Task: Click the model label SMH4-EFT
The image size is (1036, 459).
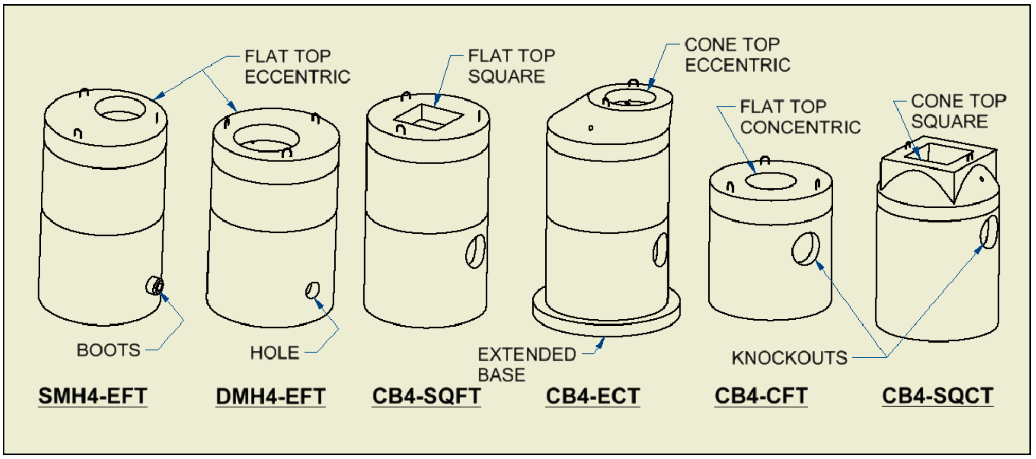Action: point(93,396)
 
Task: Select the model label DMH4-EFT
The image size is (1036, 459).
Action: point(270,397)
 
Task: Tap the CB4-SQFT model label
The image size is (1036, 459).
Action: point(426,396)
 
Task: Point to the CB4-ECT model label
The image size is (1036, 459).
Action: point(593,396)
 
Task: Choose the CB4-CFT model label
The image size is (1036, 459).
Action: point(761,396)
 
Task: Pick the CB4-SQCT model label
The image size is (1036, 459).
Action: point(937,396)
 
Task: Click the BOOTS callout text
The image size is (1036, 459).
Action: point(108,350)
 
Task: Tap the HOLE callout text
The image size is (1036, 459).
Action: point(275,353)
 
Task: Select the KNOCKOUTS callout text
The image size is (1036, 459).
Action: point(789,358)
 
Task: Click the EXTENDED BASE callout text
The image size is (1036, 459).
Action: point(526,364)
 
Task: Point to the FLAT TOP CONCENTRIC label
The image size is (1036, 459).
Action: point(799,117)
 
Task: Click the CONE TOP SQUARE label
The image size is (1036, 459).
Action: point(958,111)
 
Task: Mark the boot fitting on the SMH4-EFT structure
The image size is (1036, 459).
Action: point(155,285)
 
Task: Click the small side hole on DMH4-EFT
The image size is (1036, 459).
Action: point(312,290)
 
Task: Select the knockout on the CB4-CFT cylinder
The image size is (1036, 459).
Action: point(805,248)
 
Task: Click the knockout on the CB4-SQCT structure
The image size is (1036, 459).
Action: point(989,232)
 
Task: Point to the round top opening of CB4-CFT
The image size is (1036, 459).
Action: point(771,181)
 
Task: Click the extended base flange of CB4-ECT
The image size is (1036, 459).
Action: point(606,319)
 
